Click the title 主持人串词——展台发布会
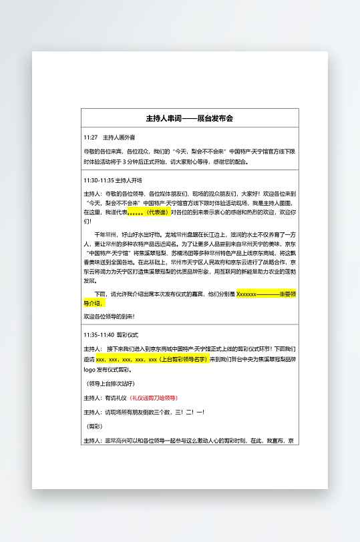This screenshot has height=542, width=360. [x=190, y=118]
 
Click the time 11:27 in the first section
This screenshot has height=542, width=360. [x=90, y=137]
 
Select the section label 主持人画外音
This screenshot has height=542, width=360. [x=119, y=137]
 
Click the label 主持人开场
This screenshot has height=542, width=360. [x=129, y=180]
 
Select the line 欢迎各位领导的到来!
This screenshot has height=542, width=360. [x=109, y=316]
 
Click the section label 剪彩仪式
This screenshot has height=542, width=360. [x=128, y=334]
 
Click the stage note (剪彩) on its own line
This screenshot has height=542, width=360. [x=94, y=426]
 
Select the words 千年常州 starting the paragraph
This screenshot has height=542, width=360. [x=106, y=235]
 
